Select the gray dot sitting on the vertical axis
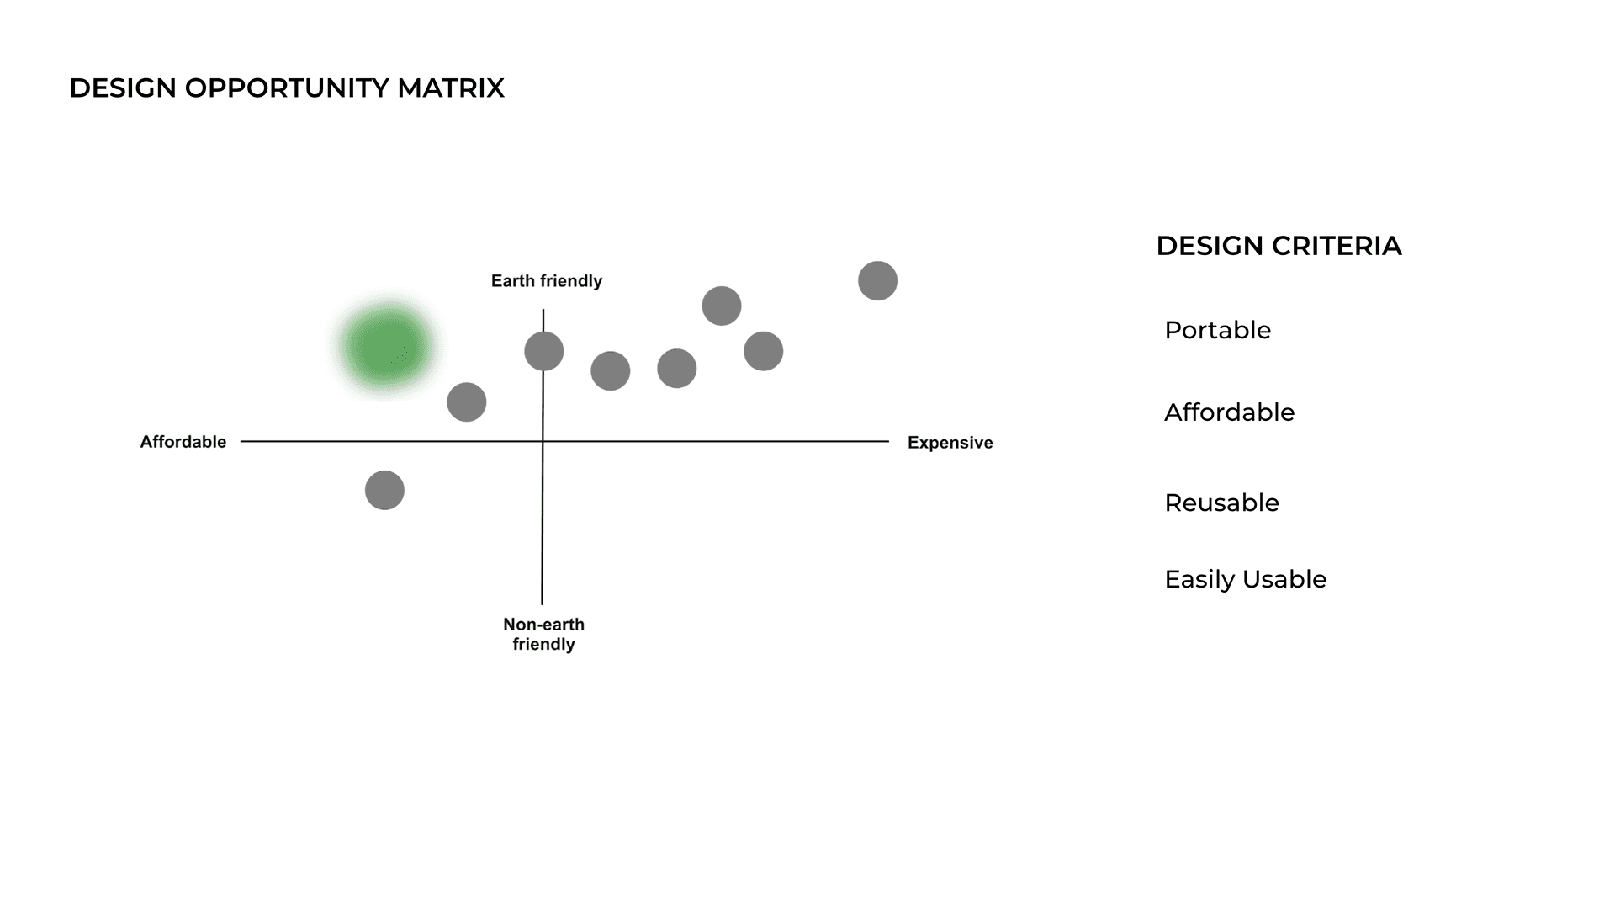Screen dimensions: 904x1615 click(544, 351)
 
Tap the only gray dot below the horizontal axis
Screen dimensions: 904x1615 click(384, 490)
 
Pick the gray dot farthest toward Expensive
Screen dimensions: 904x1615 click(877, 280)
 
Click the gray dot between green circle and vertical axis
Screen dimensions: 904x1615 click(467, 402)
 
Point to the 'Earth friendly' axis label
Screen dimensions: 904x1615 click(547, 281)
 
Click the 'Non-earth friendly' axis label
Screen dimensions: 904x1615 click(543, 634)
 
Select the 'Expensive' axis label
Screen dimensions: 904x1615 click(950, 443)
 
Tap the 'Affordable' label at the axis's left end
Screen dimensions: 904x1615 click(183, 442)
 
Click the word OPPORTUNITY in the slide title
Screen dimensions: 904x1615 click(287, 88)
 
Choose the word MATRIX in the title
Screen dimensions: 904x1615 click(451, 88)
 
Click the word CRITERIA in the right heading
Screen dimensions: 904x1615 click(1337, 246)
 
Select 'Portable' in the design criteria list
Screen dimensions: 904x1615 click(1217, 330)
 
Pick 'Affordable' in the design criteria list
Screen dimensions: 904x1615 click(1229, 412)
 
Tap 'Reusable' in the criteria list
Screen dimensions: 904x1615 click(1221, 503)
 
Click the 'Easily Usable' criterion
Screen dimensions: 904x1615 click(1245, 579)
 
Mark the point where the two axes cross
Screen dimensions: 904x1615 click(543, 441)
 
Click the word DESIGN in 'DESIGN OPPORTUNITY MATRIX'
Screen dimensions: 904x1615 click(123, 88)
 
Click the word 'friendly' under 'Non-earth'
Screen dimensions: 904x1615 click(543, 645)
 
